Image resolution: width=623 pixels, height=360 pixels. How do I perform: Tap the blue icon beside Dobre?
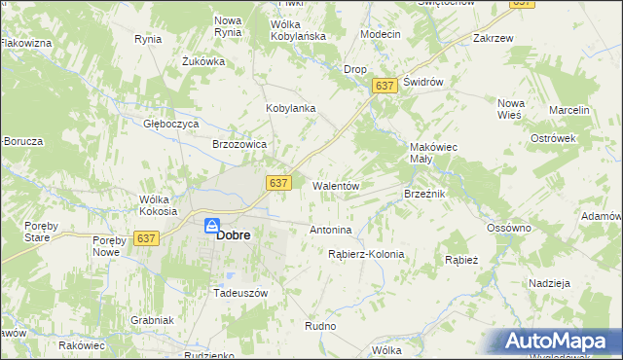pos(211,226)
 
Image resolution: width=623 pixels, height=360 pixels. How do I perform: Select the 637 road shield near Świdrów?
pos(385,87)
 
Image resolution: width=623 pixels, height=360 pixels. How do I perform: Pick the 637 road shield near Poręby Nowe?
pos(147,238)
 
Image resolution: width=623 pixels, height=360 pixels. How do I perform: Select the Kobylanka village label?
pos(291,108)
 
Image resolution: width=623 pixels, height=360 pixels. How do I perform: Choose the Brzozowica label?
pos(239,143)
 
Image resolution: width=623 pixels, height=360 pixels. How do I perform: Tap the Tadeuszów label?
pos(239,292)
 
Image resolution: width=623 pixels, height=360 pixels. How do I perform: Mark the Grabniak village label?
pos(152,320)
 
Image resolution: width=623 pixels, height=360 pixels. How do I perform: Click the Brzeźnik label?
pos(424,194)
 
